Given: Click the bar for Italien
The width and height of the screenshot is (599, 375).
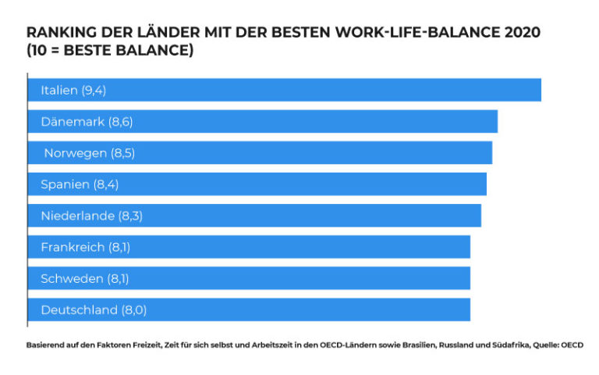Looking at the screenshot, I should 285,90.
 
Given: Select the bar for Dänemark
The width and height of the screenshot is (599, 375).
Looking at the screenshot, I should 263,121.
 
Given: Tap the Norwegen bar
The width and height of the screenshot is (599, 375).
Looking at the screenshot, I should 260,152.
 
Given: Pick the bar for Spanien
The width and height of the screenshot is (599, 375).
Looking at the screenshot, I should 257,184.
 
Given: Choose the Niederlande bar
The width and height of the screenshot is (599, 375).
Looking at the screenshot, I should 254,216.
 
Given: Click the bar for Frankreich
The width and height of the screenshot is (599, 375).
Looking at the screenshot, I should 249,247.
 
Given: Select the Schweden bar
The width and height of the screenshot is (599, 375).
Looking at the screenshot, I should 249,278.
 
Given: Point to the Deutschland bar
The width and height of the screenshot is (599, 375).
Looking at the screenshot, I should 249,309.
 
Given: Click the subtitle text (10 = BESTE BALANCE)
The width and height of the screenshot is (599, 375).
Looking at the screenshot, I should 110,51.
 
